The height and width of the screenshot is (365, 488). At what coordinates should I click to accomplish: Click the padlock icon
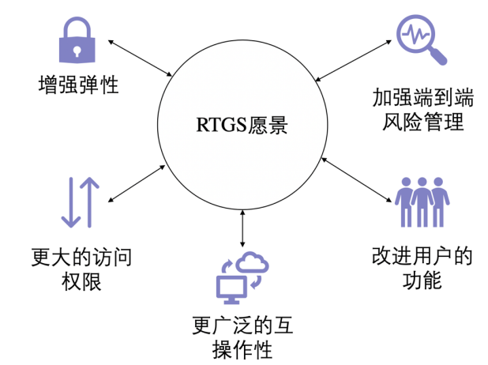point(77,41)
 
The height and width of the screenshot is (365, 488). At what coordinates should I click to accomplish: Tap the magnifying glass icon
point(421,40)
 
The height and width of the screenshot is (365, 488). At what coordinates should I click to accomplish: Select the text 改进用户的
point(421,256)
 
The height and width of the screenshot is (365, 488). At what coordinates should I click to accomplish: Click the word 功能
point(421,280)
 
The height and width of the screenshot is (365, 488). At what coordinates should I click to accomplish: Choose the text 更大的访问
point(78,257)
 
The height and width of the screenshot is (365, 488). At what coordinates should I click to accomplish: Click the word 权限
point(78,281)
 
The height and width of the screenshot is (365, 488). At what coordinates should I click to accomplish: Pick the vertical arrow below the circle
point(242,228)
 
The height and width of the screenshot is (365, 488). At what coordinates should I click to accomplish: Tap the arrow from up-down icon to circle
point(137,181)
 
